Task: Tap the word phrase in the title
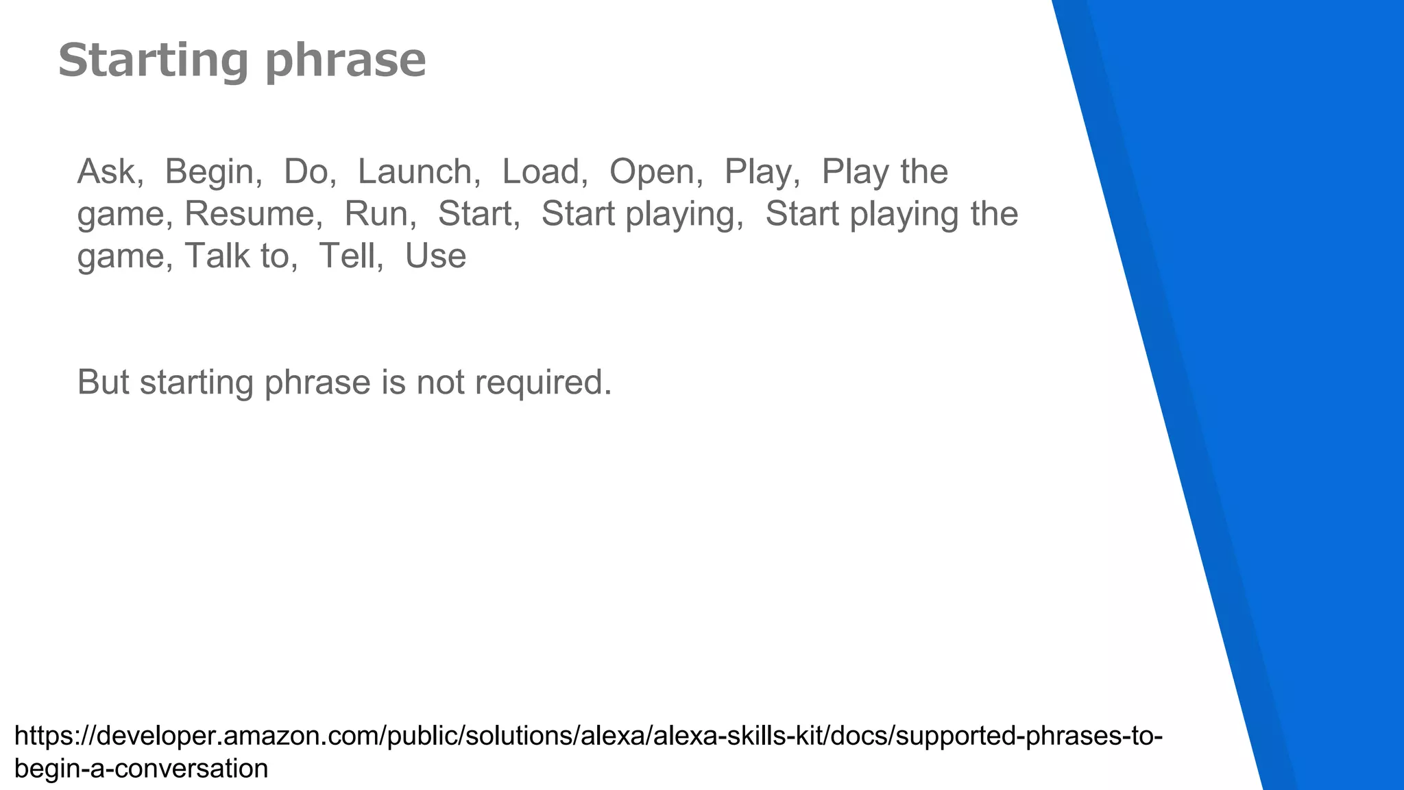coord(346,60)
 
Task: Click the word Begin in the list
coord(209,171)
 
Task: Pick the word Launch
coord(415,171)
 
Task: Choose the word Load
coord(541,171)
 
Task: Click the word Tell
coord(348,256)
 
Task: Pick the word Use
coord(435,256)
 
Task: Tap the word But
coord(103,382)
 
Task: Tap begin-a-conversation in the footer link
coord(141,769)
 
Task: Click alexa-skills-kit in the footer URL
coord(740,737)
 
